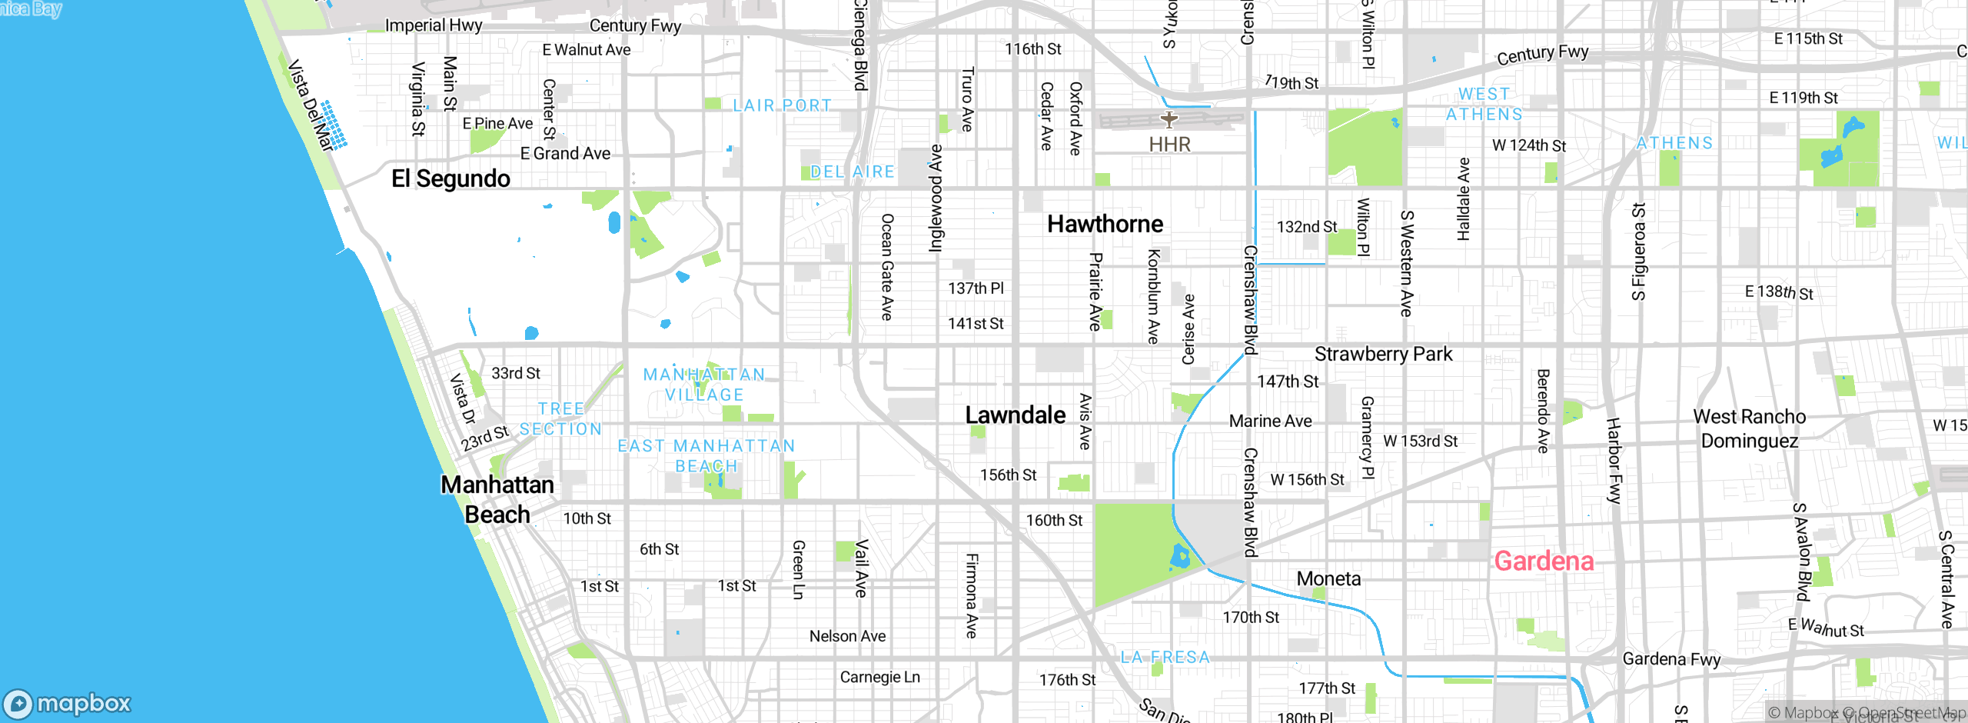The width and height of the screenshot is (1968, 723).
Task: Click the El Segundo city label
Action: point(450,178)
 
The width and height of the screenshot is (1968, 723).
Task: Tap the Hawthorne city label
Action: point(1105,224)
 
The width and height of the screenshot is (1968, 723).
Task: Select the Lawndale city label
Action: point(1015,415)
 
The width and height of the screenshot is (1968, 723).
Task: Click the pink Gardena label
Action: point(1544,561)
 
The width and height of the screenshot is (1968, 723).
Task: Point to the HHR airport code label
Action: point(1169,145)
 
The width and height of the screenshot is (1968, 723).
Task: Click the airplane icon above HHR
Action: point(1169,119)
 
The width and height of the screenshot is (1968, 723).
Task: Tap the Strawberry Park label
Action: point(1383,354)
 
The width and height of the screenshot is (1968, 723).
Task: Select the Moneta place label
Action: point(1328,578)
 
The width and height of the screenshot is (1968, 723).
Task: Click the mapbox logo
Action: point(68,703)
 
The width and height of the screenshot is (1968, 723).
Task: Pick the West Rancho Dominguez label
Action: point(1750,428)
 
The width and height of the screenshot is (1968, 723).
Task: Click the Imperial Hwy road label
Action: point(434,25)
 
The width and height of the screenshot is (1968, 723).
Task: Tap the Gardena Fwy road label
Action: point(1671,659)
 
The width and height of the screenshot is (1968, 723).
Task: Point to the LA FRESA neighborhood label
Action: point(1165,657)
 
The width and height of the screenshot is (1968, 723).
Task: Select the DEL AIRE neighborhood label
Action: point(853,172)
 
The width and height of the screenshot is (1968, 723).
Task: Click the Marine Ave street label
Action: point(1270,421)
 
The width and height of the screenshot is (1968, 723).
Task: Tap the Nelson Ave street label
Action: point(847,636)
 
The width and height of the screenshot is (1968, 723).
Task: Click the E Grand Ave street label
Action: point(565,154)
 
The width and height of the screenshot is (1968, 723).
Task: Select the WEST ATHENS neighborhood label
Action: point(1484,104)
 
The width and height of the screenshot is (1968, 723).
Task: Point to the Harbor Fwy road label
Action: point(1614,461)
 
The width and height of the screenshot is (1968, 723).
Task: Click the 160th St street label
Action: point(1054,521)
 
